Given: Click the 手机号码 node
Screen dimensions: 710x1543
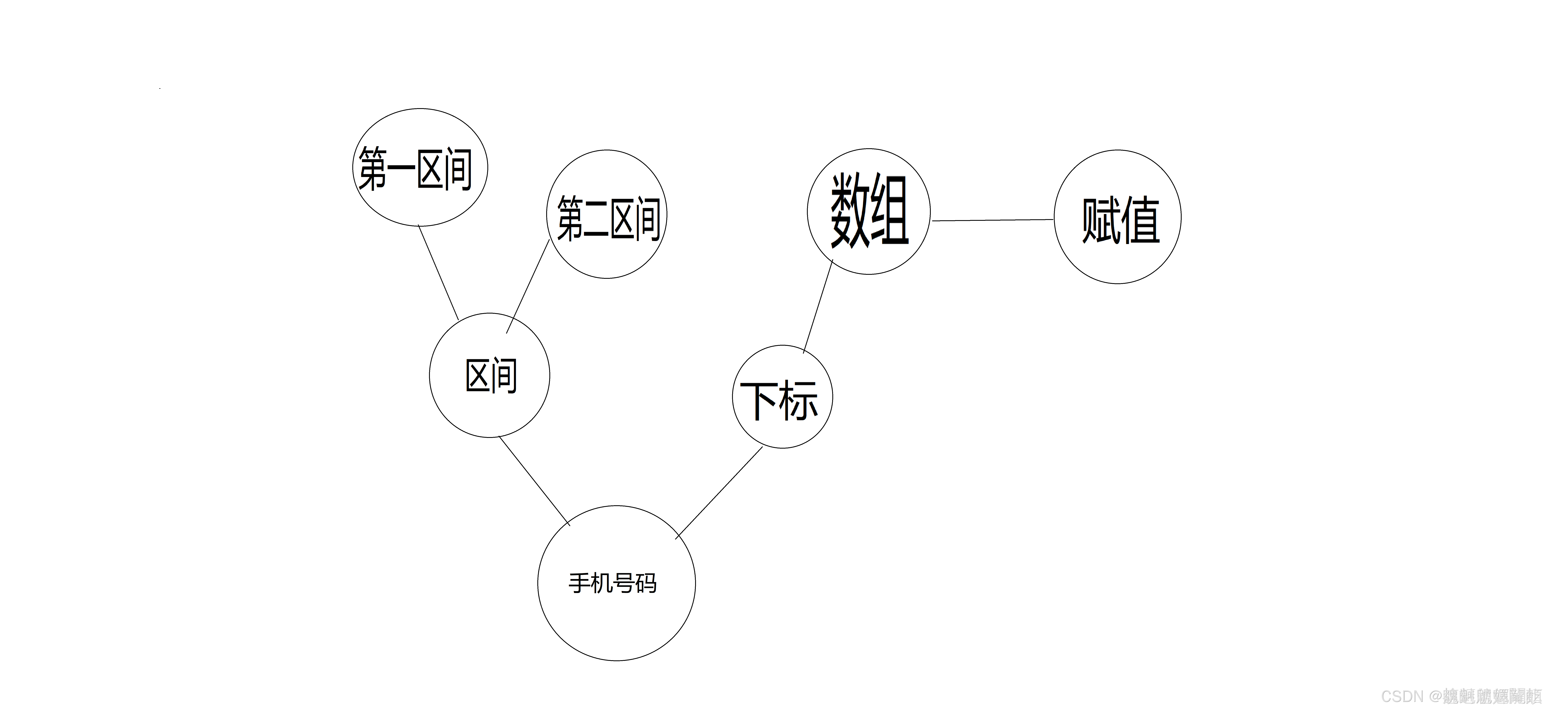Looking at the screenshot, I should (x=616, y=583).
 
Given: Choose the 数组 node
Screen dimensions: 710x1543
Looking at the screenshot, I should (x=869, y=211).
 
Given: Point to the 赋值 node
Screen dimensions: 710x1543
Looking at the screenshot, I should (x=1118, y=217).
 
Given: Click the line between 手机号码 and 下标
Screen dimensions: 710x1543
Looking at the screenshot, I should (x=719, y=493).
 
